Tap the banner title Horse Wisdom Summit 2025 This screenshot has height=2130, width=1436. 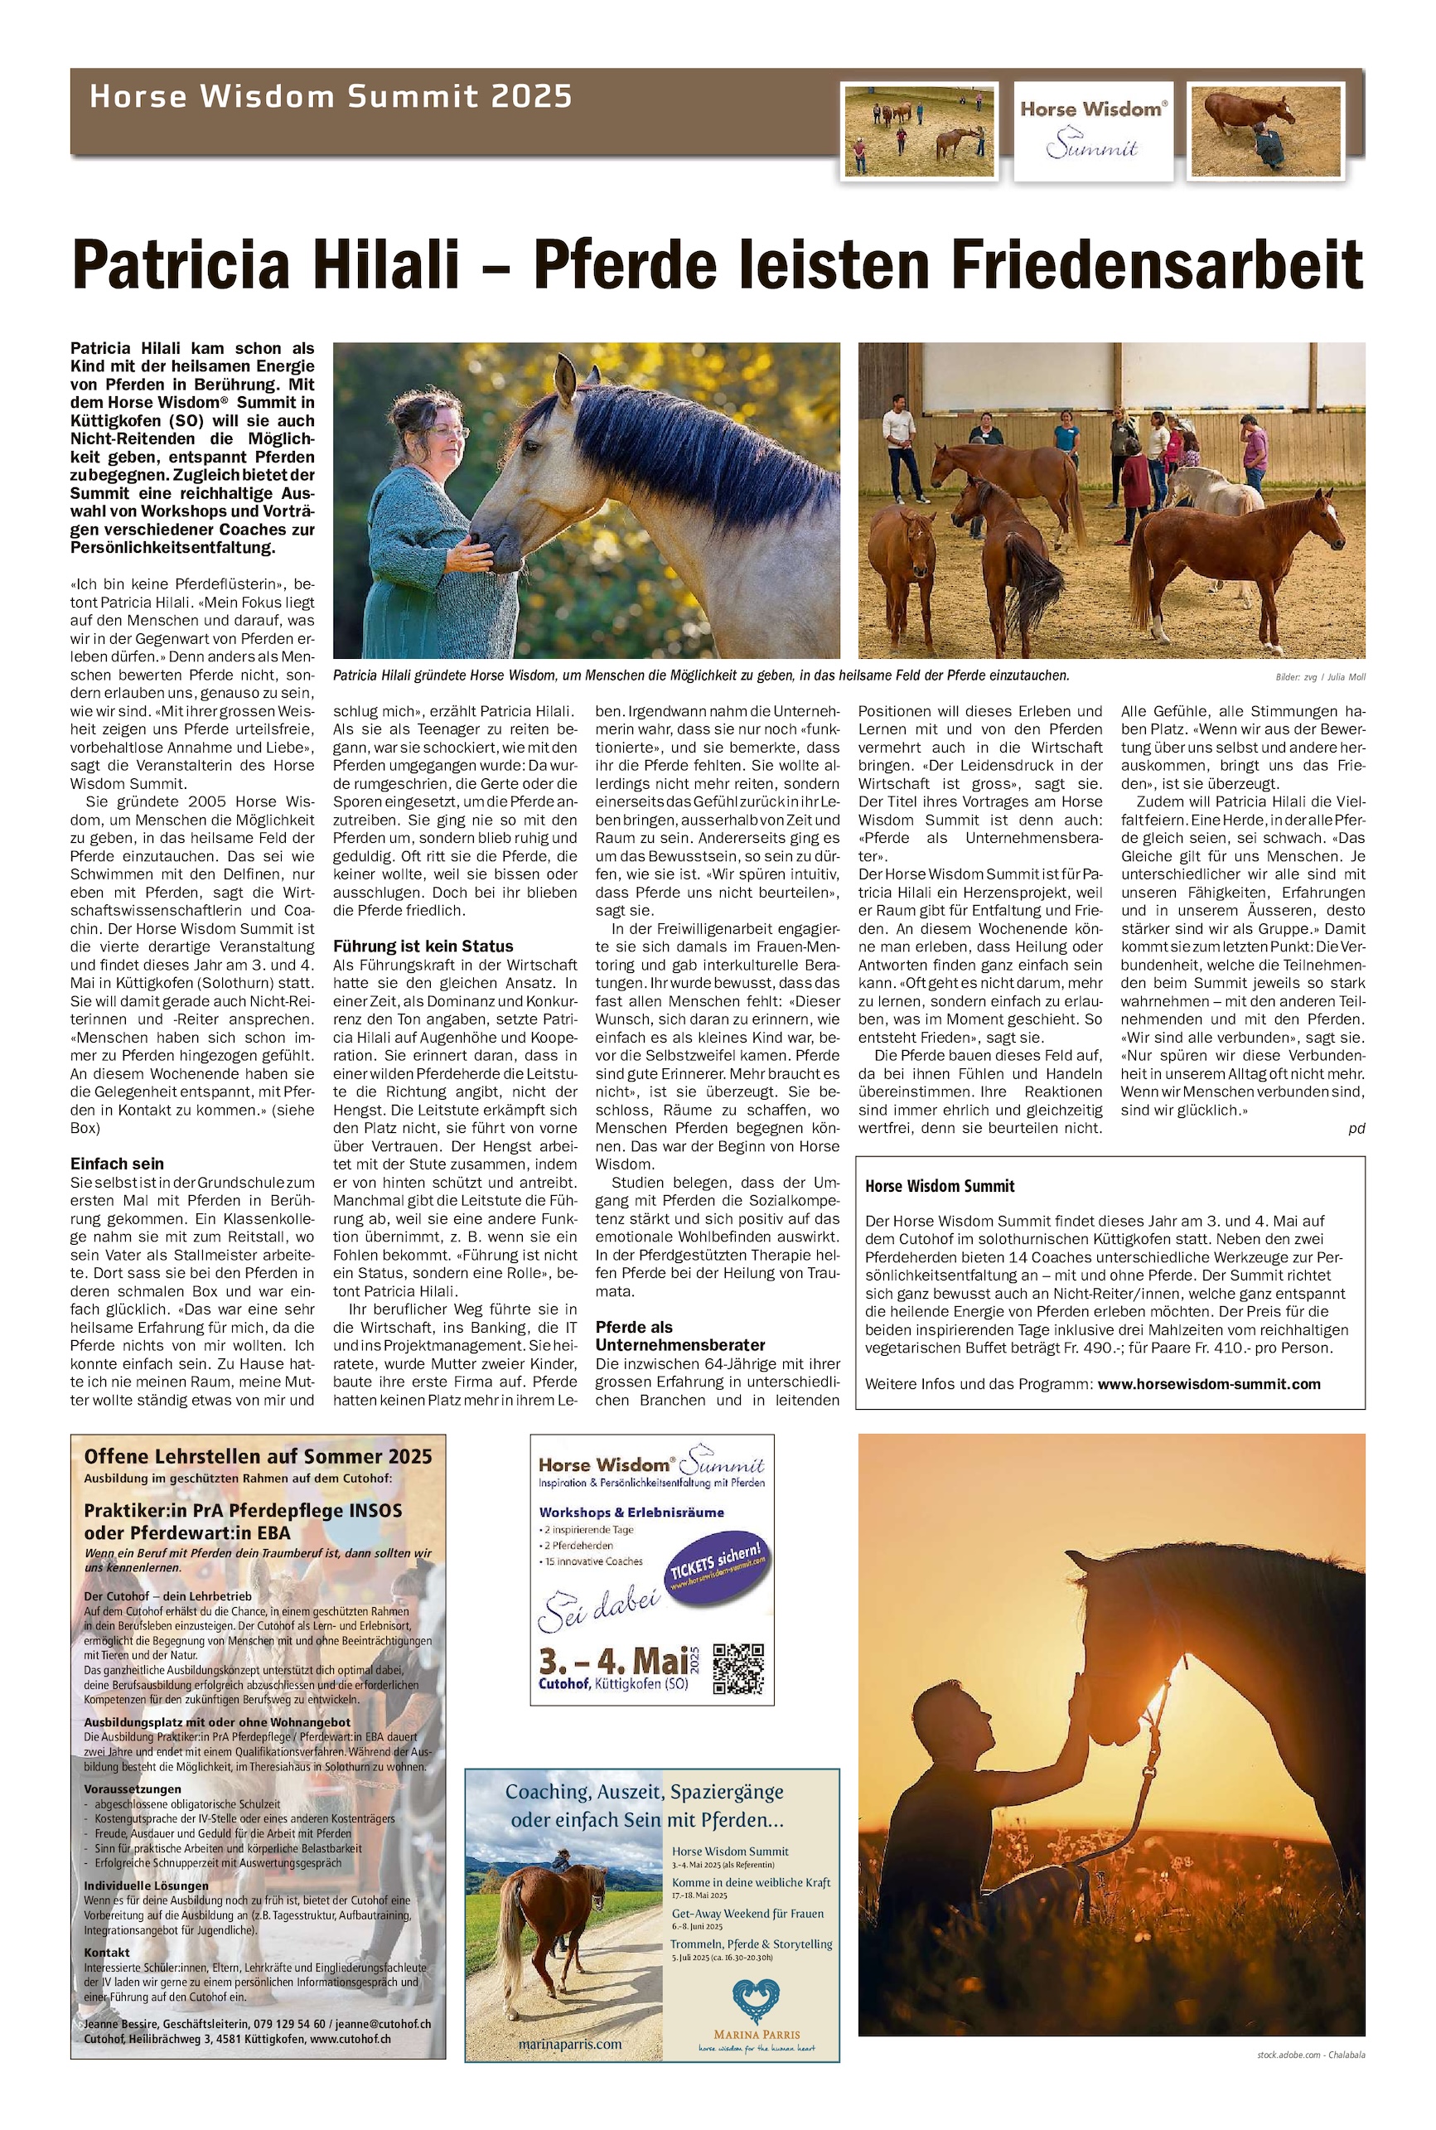(331, 97)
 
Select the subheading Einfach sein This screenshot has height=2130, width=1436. (117, 1164)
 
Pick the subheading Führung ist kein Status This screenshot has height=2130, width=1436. (423, 946)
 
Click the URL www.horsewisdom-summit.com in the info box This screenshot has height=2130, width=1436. (1209, 1384)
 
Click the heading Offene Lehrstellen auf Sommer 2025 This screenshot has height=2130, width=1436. (259, 1457)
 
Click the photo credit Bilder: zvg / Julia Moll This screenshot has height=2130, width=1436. (1319, 677)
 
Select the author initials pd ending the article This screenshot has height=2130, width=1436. (1356, 1128)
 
